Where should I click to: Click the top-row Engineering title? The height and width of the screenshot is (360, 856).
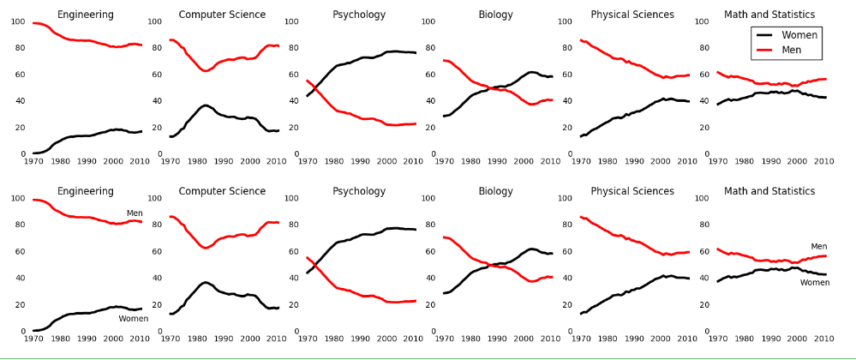(85, 15)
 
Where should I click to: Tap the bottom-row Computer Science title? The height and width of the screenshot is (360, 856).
(222, 191)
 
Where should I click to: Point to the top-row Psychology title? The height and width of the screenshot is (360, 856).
(359, 15)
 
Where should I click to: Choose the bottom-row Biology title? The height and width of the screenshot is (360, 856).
(495, 191)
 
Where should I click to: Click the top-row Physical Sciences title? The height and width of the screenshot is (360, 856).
(632, 15)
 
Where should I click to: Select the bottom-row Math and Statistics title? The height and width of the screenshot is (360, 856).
(769, 191)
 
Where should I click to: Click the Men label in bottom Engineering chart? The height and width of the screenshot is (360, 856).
(135, 213)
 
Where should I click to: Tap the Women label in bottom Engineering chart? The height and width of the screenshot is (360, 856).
(134, 319)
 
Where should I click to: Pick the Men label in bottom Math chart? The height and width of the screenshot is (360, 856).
(819, 247)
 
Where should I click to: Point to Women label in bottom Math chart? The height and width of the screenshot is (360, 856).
(815, 282)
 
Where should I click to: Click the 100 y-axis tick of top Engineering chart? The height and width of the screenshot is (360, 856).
(18, 21)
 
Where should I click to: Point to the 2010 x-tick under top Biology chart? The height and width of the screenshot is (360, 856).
(550, 161)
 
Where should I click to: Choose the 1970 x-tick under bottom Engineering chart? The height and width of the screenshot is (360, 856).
(33, 339)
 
